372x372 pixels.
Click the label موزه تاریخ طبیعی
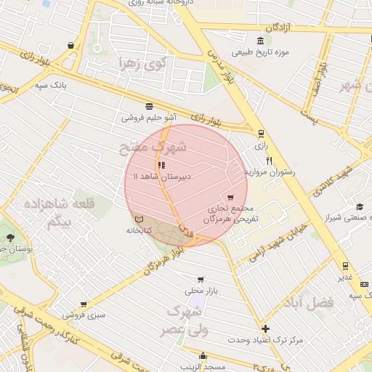[x=261, y=52]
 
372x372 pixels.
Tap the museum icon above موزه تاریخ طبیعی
[x=261, y=39]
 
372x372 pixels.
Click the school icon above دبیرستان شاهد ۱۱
[x=161, y=165]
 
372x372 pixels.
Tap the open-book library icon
[x=139, y=219]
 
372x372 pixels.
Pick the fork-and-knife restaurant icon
[x=270, y=161]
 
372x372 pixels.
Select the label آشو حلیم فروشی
[x=148, y=117]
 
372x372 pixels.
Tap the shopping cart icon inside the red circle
[x=230, y=198]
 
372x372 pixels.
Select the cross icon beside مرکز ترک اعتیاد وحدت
[x=265, y=328]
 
